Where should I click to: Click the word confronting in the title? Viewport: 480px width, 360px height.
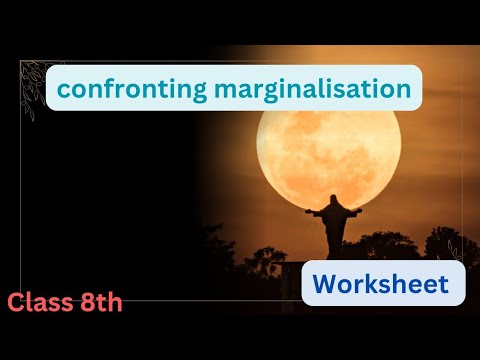point(118,89)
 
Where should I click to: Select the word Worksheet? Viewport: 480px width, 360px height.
point(383,284)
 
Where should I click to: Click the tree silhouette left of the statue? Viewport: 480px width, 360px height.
point(265,256)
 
